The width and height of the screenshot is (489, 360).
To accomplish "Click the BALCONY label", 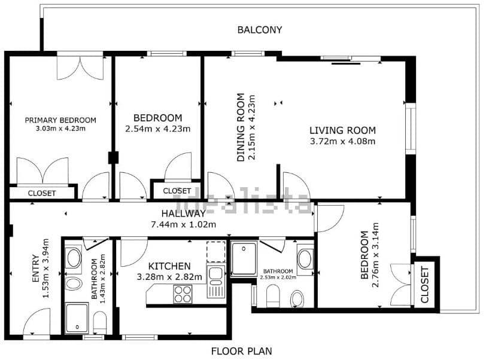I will [259, 29].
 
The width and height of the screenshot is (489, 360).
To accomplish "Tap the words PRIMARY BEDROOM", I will [60, 120].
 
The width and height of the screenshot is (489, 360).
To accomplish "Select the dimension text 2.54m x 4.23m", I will [157, 129].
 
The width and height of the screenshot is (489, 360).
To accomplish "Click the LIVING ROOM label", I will [342, 130].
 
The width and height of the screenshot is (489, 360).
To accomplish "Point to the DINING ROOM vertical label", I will [241, 127].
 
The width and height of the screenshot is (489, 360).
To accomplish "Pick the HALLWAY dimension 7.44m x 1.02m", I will [183, 224].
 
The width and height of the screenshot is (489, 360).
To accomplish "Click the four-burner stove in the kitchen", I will [183, 294].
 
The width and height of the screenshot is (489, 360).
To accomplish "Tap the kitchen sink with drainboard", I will [215, 282].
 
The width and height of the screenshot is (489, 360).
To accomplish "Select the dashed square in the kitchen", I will [215, 251].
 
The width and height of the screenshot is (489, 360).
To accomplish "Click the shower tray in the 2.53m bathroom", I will [244, 258].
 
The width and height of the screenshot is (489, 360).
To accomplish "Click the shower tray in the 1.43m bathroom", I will [77, 318].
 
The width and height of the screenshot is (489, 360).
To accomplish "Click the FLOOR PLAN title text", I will [241, 351].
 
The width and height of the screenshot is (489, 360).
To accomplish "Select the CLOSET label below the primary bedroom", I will [42, 193].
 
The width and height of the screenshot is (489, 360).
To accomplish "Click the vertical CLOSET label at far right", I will [425, 285].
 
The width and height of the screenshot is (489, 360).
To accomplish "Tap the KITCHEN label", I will [169, 266].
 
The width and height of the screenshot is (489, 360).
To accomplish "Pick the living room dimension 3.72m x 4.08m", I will [342, 142].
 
